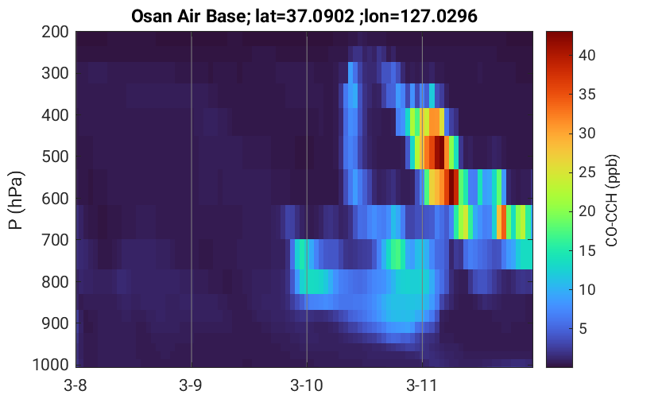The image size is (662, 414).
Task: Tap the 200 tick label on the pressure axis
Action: coord(55,32)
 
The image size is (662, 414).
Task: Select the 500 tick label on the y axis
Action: coord(55,157)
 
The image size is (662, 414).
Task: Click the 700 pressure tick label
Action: coord(55,240)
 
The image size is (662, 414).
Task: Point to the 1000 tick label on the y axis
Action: coord(50,364)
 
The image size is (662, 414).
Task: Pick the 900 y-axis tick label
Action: coord(55,323)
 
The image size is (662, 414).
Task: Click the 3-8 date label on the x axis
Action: coord(75,385)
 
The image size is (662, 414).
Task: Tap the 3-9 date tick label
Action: coord(191,385)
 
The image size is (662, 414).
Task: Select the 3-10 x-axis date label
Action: coord(307,385)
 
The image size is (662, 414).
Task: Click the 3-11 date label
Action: coord(421,385)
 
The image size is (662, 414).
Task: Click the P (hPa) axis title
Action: coord(16,200)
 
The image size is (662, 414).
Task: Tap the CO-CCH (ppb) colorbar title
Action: coord(611,200)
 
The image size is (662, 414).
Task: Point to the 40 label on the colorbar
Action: coord(587,56)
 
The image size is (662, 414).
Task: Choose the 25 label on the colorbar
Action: coord(587,172)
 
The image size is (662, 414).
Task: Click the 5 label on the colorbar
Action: coord(583,328)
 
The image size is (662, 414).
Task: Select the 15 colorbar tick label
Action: coord(587,250)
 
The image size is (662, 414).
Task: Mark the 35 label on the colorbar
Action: coord(587,94)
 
